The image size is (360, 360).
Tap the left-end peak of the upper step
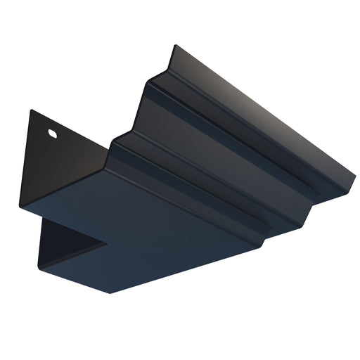coord(150,82)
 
